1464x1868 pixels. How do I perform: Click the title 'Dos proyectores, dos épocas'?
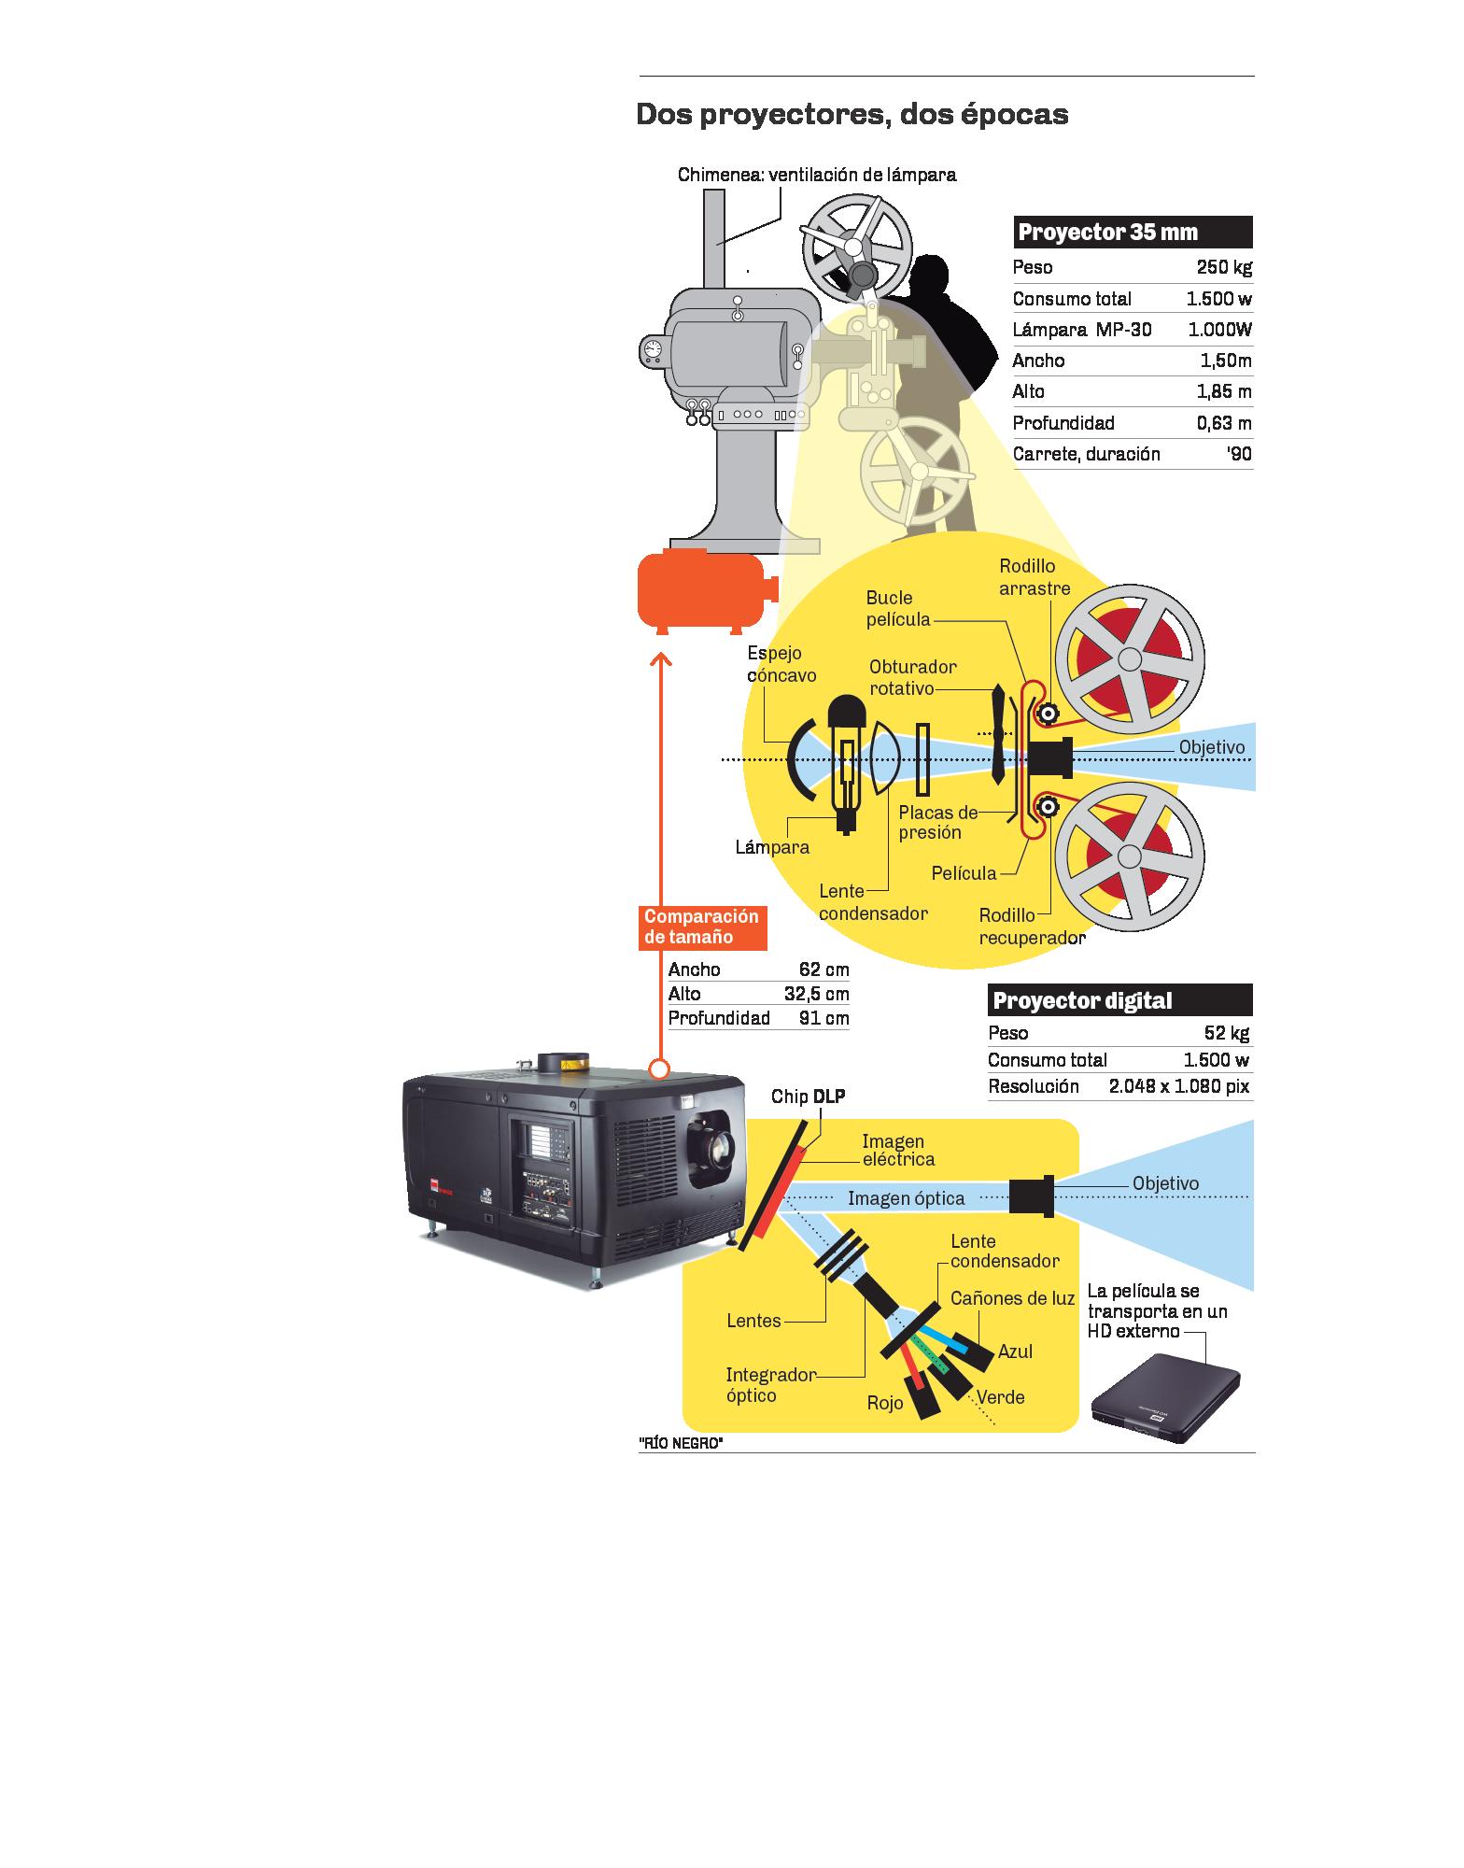pos(852,115)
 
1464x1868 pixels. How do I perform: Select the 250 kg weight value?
pos(1223,268)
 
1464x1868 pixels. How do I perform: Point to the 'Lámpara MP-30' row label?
pos(1082,330)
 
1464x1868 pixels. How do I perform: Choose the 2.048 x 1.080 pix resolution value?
pos(1178,1086)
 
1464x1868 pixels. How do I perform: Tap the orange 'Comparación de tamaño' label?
pos(701,927)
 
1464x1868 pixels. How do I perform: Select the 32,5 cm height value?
pos(816,994)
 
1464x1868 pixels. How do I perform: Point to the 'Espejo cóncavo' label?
pos(781,664)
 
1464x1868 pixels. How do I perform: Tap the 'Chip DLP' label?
pos(808,1097)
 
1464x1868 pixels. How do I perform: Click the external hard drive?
pos(1166,1401)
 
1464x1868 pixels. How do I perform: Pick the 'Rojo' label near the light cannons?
pos(885,1404)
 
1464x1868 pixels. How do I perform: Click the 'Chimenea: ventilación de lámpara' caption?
pos(817,175)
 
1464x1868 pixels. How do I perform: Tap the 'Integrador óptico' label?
pos(770,1385)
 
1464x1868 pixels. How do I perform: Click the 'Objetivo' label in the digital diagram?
pos(1165,1183)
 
